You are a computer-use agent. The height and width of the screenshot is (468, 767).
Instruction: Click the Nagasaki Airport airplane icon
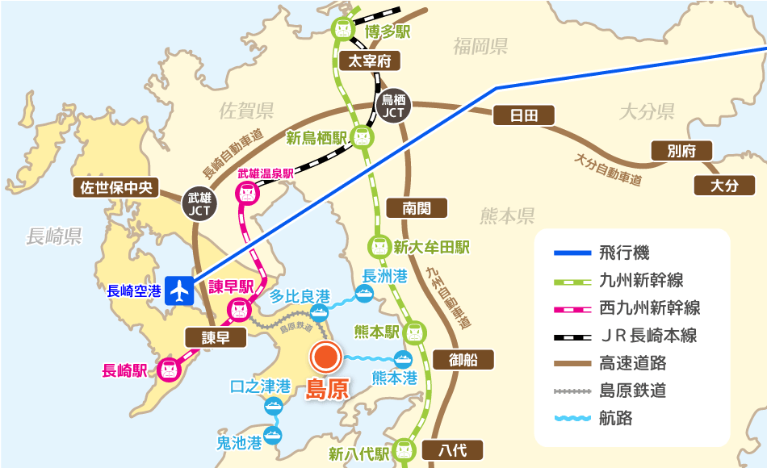coord(179,290)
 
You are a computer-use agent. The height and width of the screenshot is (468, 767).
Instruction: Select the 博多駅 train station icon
coord(343,29)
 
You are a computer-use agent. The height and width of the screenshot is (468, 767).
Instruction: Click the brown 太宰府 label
coord(369,61)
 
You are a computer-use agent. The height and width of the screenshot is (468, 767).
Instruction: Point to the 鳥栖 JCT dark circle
coord(393,106)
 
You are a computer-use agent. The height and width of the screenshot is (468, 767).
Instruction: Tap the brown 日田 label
coord(523,115)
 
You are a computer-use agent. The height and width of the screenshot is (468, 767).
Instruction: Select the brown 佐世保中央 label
coord(115,188)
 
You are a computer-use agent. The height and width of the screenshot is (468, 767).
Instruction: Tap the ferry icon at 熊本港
coord(401,360)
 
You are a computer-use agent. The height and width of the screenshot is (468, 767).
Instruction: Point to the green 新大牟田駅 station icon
coord(378,245)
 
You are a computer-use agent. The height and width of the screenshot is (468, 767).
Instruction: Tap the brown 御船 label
coord(463,360)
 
